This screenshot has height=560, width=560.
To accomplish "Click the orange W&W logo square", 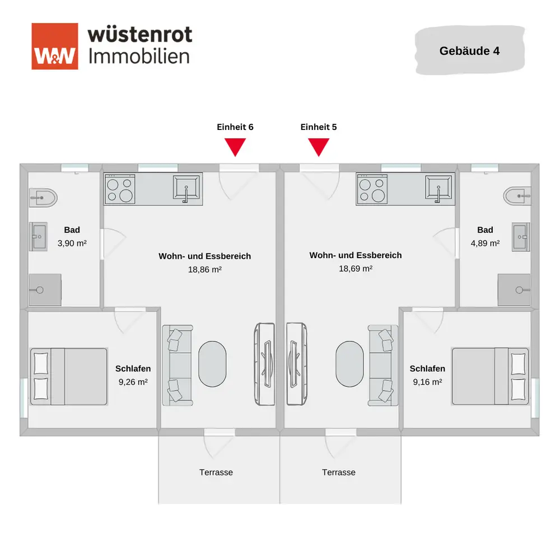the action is pyautogui.click(x=55, y=46).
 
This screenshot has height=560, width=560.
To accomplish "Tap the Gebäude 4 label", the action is pyautogui.click(x=469, y=51).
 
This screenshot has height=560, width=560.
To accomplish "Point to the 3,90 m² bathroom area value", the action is pyautogui.click(x=72, y=243).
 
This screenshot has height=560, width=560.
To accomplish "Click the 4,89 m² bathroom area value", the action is pyautogui.click(x=485, y=243).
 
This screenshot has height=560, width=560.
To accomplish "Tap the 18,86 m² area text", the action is pyautogui.click(x=204, y=269).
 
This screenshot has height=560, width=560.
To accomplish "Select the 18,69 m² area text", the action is pyautogui.click(x=356, y=269).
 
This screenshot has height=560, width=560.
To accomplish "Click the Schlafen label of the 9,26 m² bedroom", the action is pyautogui.click(x=133, y=368).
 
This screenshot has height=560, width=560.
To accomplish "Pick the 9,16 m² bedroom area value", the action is pyautogui.click(x=427, y=382).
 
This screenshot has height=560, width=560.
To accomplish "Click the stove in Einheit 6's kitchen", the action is pyautogui.click(x=120, y=189).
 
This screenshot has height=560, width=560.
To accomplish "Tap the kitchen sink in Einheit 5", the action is pyautogui.click(x=438, y=189).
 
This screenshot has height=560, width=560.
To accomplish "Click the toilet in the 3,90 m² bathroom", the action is pyautogui.click(x=43, y=198).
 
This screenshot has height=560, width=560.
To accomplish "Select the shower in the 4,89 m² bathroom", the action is pyautogui.click(x=514, y=290).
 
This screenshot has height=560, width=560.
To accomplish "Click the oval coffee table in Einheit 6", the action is pyautogui.click(x=212, y=364).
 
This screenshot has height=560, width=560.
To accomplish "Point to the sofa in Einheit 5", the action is pyautogui.click(x=383, y=365).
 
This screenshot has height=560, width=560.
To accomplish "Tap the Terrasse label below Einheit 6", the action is pyautogui.click(x=216, y=472).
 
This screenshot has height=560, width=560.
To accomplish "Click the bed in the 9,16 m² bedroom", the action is pyautogui.click(x=490, y=376).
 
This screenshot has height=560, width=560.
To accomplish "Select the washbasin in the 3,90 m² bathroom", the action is pyautogui.click(x=38, y=236).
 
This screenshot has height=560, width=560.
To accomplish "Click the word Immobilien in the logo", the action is pyautogui.click(x=139, y=57).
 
